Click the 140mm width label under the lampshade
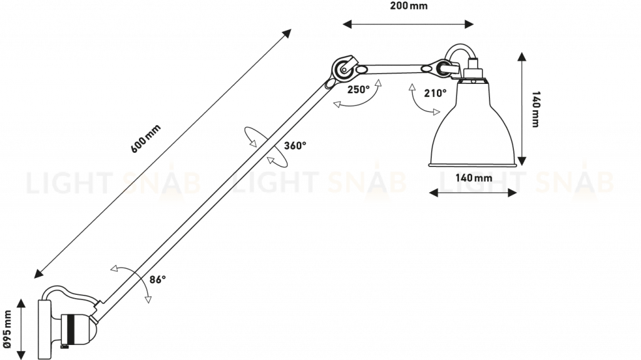point(474,178)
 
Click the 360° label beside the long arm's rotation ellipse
point(294,145)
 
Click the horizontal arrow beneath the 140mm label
point(474,194)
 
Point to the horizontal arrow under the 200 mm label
point(408,24)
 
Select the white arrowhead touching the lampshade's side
point(436,112)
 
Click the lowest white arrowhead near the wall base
point(148,300)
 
